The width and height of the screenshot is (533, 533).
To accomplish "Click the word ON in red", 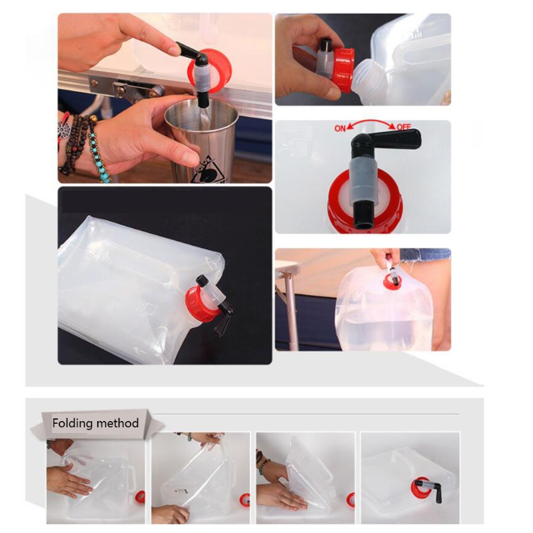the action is pos(340,129).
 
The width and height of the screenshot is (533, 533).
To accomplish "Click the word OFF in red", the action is pos(404,127).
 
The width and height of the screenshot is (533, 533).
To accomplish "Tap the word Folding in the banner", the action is pos(73,423).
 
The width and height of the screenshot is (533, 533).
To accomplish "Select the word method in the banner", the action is pos(117,423).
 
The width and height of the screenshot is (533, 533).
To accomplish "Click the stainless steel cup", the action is pos(201,140).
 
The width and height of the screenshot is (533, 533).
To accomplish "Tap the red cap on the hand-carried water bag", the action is pos(392,282).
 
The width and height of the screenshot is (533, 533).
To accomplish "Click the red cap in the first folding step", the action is pos(140,496).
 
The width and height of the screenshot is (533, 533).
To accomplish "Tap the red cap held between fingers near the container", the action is pos(343,69).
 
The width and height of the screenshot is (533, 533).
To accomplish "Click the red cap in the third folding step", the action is pos(350,500).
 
